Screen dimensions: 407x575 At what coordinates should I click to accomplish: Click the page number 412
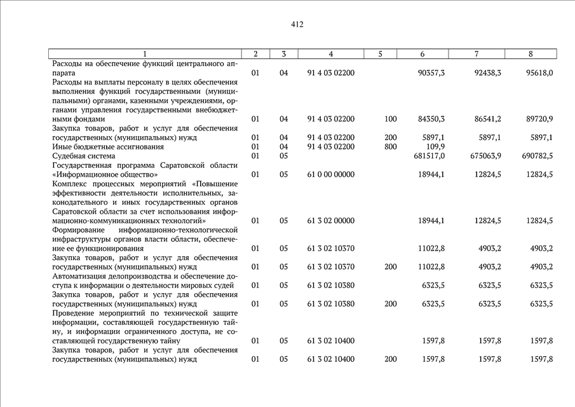click(297, 25)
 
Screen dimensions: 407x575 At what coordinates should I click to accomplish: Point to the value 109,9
click(435, 147)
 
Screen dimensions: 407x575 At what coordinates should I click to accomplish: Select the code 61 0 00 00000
click(330, 174)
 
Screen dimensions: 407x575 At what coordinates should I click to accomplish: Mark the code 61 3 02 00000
click(330, 221)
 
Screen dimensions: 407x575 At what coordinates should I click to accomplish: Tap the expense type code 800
click(391, 147)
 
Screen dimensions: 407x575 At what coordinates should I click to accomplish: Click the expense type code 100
click(391, 119)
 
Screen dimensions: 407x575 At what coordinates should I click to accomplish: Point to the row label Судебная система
click(84, 156)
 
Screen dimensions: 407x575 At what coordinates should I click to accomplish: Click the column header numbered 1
click(145, 54)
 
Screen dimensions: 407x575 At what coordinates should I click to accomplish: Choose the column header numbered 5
click(380, 54)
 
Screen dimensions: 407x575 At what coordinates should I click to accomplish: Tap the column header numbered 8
click(531, 54)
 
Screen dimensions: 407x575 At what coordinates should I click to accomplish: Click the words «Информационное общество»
click(105, 174)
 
